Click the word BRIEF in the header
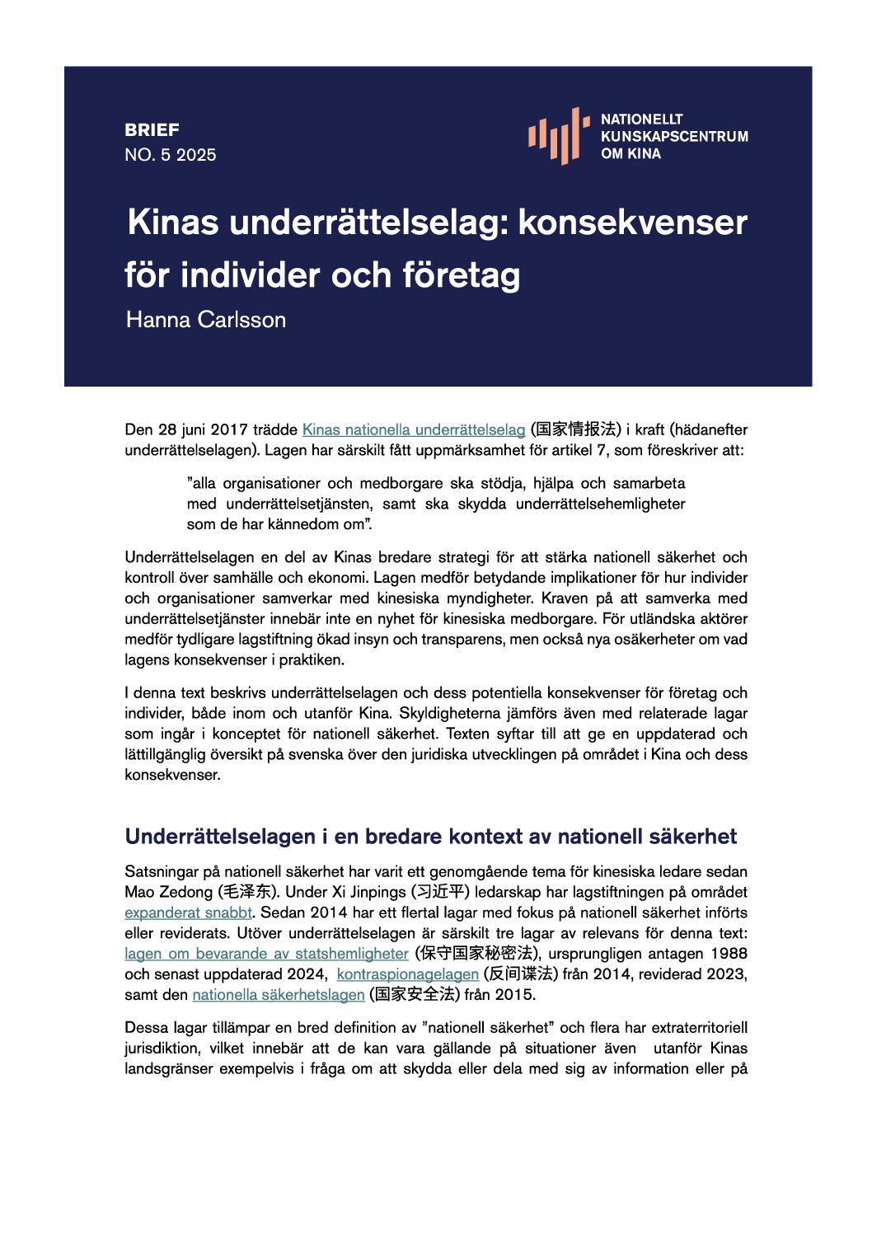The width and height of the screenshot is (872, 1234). pyautogui.click(x=152, y=130)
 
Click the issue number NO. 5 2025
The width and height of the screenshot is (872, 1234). pyautogui.click(x=171, y=155)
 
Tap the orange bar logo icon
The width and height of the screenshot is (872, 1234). pyautogui.click(x=559, y=135)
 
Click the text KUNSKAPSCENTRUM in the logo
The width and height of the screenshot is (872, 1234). pyautogui.click(x=674, y=136)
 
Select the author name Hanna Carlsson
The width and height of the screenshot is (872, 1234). pyautogui.click(x=206, y=320)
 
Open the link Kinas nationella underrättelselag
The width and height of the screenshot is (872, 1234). pyautogui.click(x=414, y=429)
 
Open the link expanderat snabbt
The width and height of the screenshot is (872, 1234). pyautogui.click(x=189, y=913)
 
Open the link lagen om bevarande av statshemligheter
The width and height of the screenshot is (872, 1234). pyautogui.click(x=266, y=954)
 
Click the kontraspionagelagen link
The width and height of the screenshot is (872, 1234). pyautogui.click(x=407, y=974)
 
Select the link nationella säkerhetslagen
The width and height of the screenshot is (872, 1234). pyautogui.click(x=279, y=995)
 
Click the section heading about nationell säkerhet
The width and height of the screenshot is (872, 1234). pyautogui.click(x=430, y=837)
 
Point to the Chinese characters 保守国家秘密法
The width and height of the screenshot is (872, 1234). pyautogui.click(x=474, y=954)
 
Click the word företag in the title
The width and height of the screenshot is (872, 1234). pyautogui.click(x=462, y=275)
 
